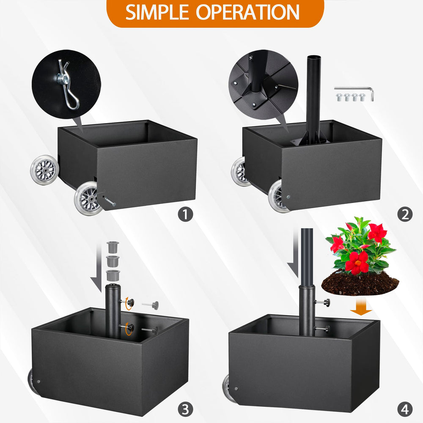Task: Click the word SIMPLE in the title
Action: point(157,12)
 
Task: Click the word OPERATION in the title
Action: point(247,12)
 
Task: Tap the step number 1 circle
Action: point(185,214)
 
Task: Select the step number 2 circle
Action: point(405,214)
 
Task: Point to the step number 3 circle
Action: point(185,409)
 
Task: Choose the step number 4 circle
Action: point(405,409)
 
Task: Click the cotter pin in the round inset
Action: point(67,84)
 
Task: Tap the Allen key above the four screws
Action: point(354,92)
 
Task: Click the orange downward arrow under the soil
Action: point(361,306)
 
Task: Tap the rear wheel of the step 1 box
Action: point(44,170)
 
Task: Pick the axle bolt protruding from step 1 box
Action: point(110,201)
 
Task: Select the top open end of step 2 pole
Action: point(313,58)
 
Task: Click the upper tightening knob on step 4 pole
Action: point(323,302)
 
